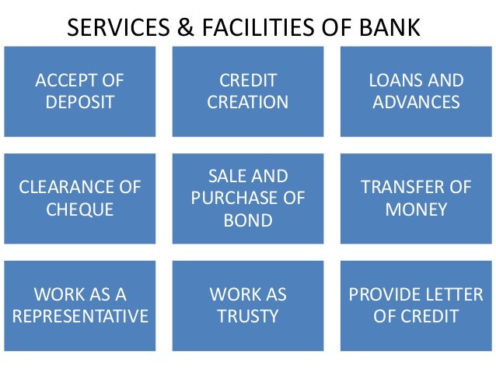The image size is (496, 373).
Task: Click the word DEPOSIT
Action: [x=80, y=102]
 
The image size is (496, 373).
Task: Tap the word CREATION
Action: [x=248, y=102]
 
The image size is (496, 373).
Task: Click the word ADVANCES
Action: [x=416, y=102]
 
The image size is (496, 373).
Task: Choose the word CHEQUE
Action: [x=80, y=209]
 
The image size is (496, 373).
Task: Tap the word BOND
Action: [x=248, y=220]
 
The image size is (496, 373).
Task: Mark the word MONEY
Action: [x=416, y=209]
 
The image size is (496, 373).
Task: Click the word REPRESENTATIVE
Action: [x=80, y=316]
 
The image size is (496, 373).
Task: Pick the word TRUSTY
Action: [x=248, y=316]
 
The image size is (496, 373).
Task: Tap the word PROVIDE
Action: [x=382, y=295]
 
